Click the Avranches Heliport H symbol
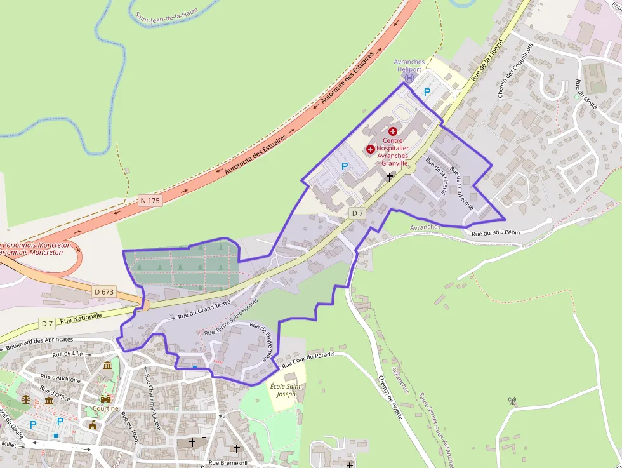pyautogui.click(x=409, y=77)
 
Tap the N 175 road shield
pyautogui.click(x=150, y=200)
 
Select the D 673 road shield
pyautogui.click(x=103, y=291)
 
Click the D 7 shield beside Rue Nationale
pyautogui.click(x=47, y=323)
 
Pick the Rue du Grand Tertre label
pyautogui.click(x=204, y=310)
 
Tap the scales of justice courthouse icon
pyautogui.click(x=26, y=399)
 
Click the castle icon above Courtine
pyautogui.click(x=105, y=399)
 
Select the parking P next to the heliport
pyautogui.click(x=427, y=92)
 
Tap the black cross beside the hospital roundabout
pyautogui.click(x=390, y=177)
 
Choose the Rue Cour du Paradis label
pyautogui.click(x=308, y=359)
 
